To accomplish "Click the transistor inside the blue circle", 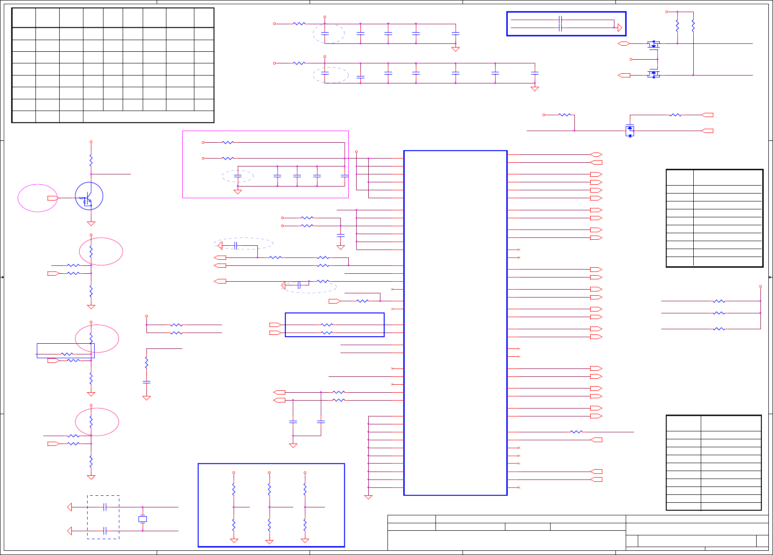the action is click(x=89, y=196).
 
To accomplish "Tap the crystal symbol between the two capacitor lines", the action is click(x=143, y=519).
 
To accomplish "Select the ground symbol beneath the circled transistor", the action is click(x=91, y=224).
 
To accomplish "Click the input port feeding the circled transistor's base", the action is click(x=53, y=198).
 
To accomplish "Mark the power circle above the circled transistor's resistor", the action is click(x=91, y=142).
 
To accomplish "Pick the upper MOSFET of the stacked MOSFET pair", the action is click(x=654, y=44).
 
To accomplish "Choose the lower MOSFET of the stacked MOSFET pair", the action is click(x=654, y=74).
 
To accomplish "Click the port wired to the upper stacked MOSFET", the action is click(x=624, y=43).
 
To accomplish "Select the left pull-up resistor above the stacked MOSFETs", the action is click(x=677, y=26).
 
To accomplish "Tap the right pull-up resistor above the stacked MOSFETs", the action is click(x=693, y=26).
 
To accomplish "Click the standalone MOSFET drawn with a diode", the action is click(x=630, y=131).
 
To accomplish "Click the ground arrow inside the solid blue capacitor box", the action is click(x=620, y=28).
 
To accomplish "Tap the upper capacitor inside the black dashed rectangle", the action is click(x=105, y=507).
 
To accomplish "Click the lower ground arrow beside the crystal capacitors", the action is click(x=70, y=531).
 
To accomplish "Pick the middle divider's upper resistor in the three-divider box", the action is click(x=269, y=489).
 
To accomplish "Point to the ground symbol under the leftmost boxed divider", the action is click(x=234, y=541).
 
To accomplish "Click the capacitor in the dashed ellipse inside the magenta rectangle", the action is click(x=238, y=176).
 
